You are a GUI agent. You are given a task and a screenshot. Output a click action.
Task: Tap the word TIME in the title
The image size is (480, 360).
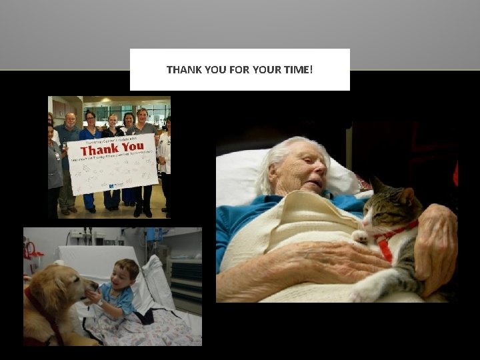pos(297,69)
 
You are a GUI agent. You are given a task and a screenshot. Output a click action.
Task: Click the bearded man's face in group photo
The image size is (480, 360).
pos(71,121)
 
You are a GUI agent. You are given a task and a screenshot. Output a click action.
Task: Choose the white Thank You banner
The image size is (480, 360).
pos(113,163)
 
